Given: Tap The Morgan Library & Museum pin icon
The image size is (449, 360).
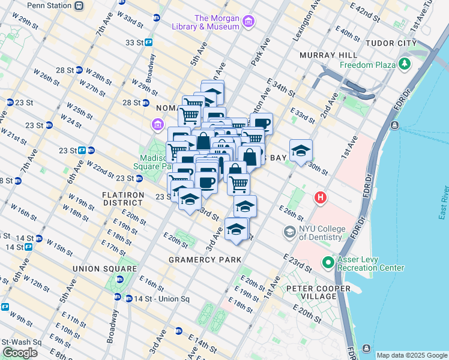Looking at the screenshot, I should (249, 23).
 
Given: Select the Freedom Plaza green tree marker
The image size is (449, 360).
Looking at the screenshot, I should (405, 64).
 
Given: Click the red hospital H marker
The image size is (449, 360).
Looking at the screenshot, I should (321, 197).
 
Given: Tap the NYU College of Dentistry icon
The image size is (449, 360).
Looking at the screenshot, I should (290, 232).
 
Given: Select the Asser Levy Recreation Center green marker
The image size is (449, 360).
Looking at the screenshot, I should (328, 262).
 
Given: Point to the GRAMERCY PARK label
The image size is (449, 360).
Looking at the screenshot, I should (205, 260).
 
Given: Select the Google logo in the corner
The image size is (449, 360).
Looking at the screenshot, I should (20, 353).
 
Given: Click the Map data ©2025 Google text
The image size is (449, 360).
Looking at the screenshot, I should (412, 355).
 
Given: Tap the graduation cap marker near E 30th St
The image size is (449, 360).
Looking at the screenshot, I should (301, 151).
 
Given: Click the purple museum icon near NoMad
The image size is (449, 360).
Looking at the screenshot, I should (157, 125).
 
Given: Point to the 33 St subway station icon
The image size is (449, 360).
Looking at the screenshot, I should (148, 43).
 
